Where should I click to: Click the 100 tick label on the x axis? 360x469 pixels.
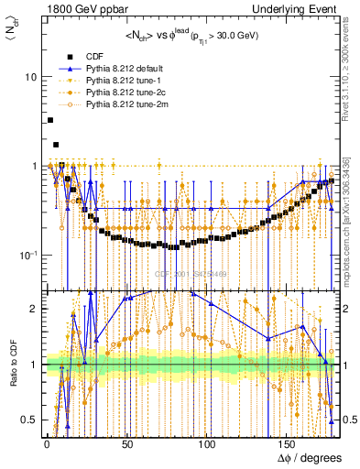(208, 446)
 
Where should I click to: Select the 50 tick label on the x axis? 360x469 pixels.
(127, 446)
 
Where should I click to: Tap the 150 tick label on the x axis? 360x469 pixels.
(289, 446)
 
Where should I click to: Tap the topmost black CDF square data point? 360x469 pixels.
(50, 120)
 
